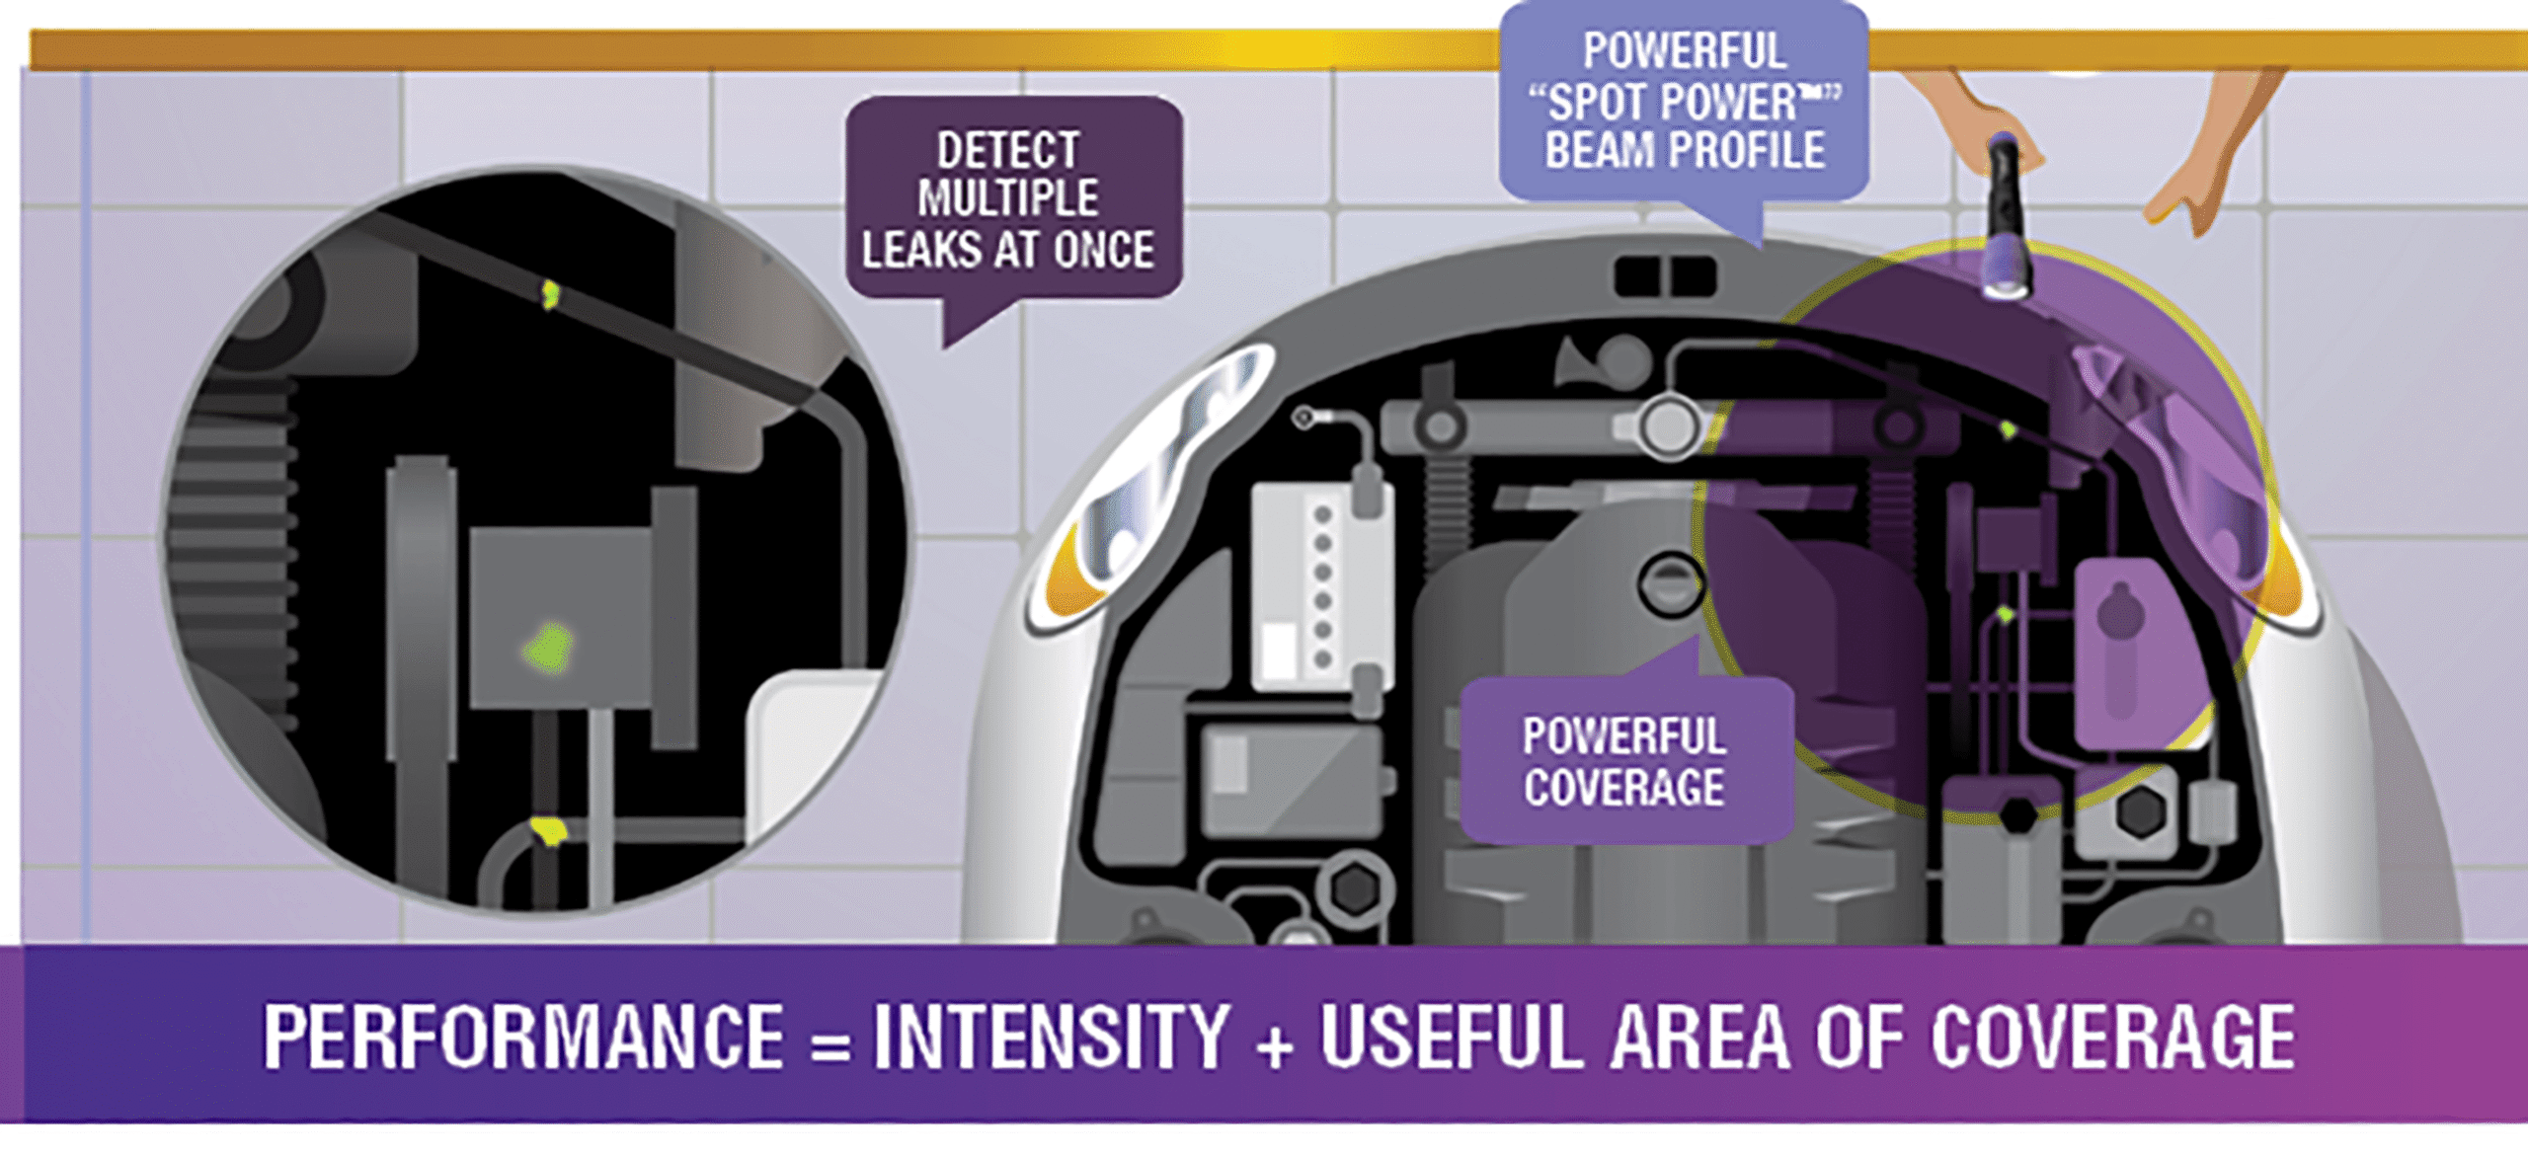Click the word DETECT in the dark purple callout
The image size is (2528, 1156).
(1007, 151)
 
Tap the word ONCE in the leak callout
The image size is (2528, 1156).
(1103, 250)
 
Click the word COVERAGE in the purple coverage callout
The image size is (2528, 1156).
(1623, 788)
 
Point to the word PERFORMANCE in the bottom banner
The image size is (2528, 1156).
(523, 1038)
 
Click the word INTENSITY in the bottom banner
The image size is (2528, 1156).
(1051, 1038)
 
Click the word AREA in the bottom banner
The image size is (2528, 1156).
(1699, 1038)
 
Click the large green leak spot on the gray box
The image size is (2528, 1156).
(550, 649)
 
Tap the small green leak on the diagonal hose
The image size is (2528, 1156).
(550, 293)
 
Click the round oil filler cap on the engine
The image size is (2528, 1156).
(1671, 582)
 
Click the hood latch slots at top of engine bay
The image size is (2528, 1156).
(1665, 275)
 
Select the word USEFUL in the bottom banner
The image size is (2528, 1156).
(1451, 1038)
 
